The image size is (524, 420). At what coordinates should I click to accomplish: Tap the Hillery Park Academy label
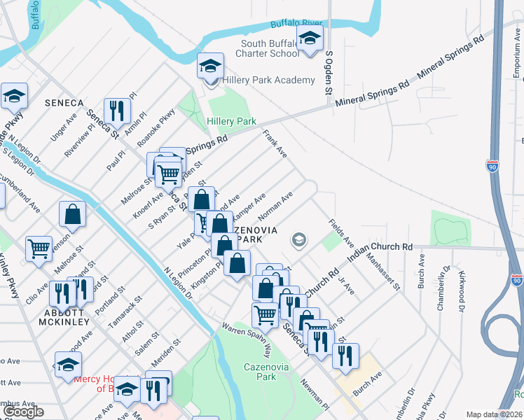tap(269, 80)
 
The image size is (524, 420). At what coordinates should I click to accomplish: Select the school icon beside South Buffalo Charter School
tap(309, 41)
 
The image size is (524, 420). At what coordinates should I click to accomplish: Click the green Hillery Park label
tap(231, 121)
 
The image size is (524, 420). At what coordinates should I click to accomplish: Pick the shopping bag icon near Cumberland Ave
tap(72, 214)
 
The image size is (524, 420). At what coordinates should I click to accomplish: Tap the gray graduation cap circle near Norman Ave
tap(299, 241)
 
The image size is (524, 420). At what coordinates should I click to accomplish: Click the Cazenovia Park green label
tap(259, 371)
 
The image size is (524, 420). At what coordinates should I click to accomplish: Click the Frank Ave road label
tap(275, 143)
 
